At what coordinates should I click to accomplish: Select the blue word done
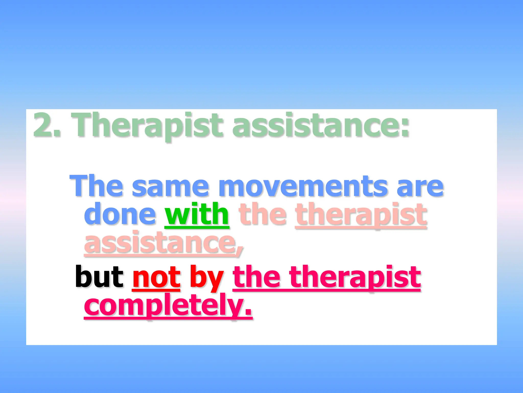pyautogui.click(x=120, y=214)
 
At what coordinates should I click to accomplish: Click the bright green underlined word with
pyautogui.click(x=197, y=214)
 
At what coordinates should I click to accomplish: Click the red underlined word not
pyautogui.click(x=156, y=277)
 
